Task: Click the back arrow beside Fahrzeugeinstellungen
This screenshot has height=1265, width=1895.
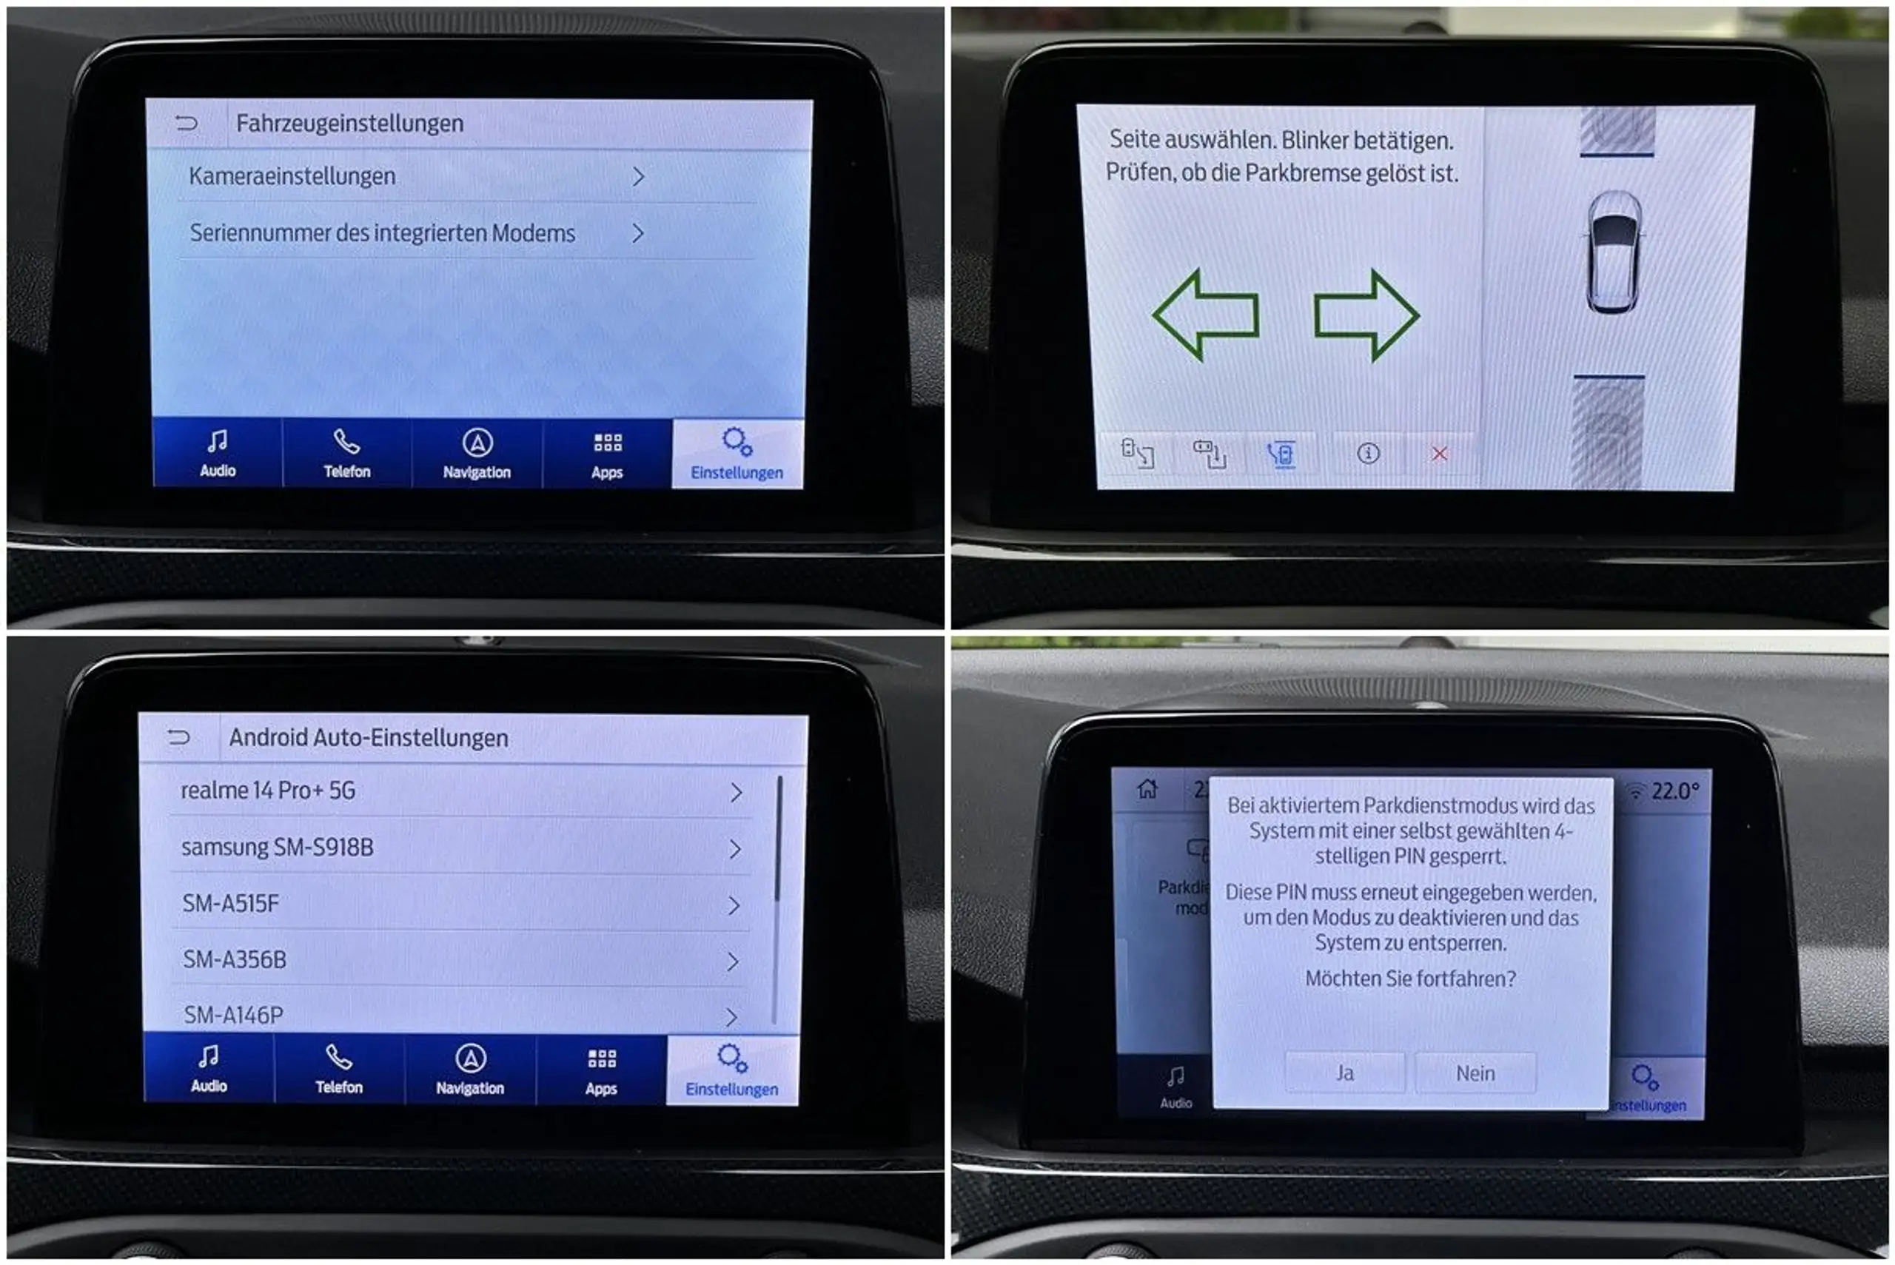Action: pyautogui.click(x=187, y=123)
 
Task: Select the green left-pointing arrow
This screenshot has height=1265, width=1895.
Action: pyautogui.click(x=1206, y=315)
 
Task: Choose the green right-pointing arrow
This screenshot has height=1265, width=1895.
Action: pyautogui.click(x=1366, y=315)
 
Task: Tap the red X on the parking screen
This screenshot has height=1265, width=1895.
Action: pyautogui.click(x=1439, y=454)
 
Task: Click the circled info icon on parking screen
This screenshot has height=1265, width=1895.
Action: pyautogui.click(x=1368, y=454)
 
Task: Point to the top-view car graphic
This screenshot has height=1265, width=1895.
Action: pyautogui.click(x=1614, y=252)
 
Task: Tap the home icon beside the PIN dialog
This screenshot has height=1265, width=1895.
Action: pyautogui.click(x=1147, y=788)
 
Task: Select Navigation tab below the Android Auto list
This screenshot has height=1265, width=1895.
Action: pyautogui.click(x=470, y=1070)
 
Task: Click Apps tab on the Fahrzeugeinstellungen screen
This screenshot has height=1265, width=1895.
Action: pyautogui.click(x=607, y=455)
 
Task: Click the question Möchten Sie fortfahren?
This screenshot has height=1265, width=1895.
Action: pyautogui.click(x=1410, y=979)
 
